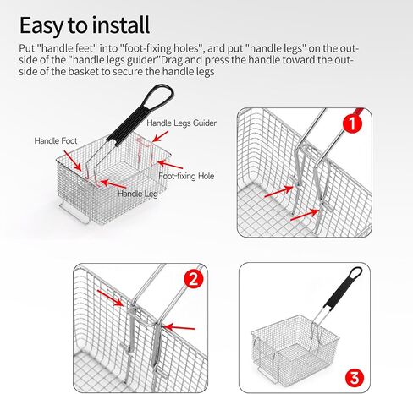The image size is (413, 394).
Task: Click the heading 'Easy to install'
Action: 85,25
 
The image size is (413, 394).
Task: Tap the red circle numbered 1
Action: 352,123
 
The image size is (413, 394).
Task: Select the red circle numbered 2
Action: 194,279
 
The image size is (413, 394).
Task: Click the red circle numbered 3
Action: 355,378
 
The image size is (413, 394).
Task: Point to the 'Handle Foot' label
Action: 56,140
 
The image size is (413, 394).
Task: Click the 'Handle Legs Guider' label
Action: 181,123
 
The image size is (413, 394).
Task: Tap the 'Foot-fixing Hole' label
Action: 186,176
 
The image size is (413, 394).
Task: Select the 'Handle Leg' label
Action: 138,194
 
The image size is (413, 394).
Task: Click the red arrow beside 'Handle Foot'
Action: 73,161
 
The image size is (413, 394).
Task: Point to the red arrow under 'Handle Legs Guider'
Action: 160,136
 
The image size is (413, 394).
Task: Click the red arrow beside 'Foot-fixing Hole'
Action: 170,165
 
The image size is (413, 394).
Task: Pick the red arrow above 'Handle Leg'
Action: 113,184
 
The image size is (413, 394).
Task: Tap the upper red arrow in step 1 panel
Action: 278,191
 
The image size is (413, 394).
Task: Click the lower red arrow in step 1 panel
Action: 305,215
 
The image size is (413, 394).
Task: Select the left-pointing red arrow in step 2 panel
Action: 179,327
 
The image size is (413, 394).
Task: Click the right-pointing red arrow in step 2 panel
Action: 110,298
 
